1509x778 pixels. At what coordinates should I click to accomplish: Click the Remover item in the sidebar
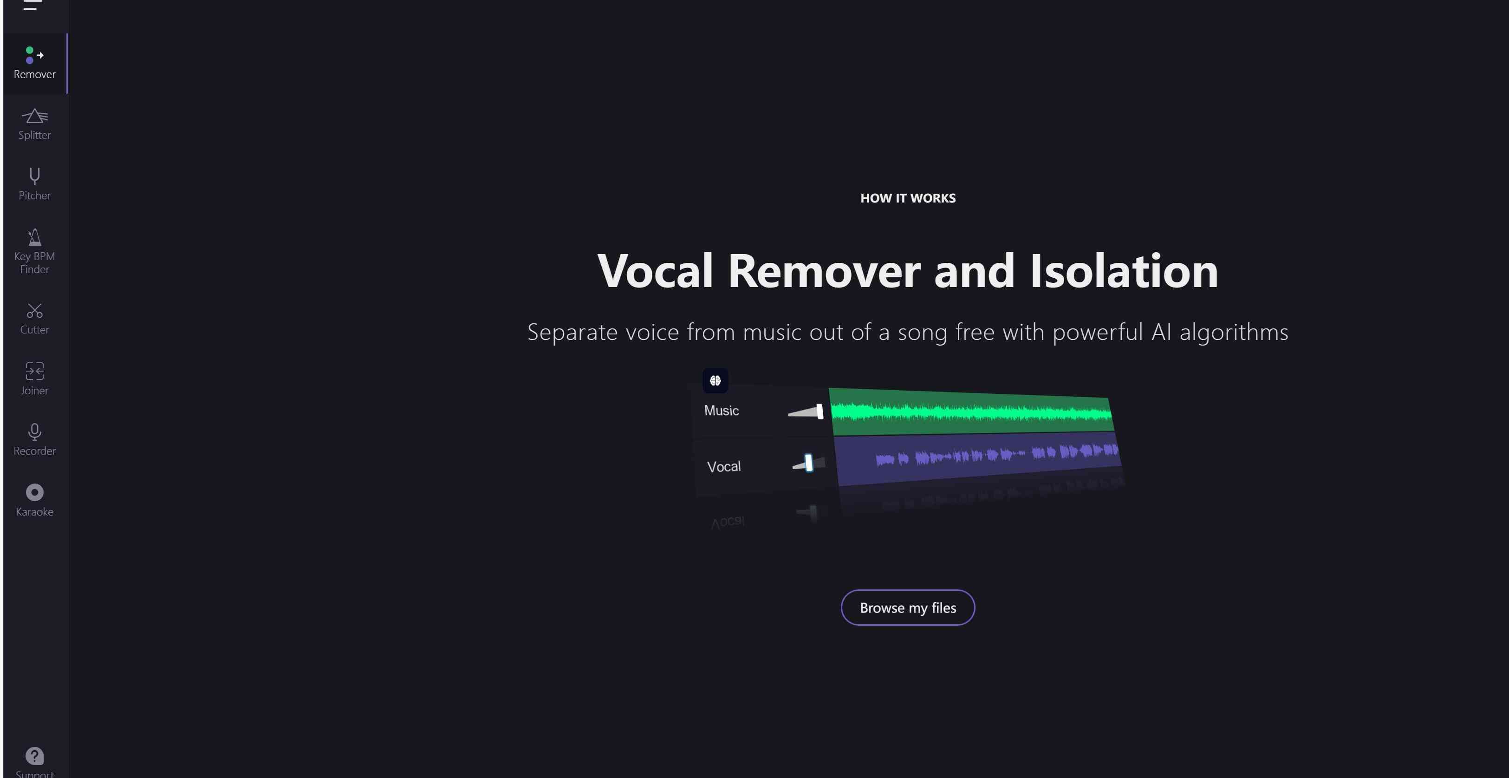pos(34,63)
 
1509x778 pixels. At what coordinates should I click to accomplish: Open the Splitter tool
pos(34,124)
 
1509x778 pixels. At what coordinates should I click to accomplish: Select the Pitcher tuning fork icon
pos(34,176)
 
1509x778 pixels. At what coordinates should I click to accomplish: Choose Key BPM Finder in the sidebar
pos(34,251)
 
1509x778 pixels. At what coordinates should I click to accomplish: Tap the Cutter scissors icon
pos(34,310)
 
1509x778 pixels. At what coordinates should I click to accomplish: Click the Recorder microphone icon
pos(34,432)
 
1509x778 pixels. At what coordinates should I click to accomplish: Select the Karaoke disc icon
pos(34,492)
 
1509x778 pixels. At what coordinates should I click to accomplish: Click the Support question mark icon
pos(34,756)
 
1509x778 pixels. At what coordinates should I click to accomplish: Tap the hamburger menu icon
pos(33,5)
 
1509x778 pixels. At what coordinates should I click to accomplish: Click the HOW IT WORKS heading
pos(908,198)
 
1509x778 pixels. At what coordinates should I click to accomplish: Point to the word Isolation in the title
pos(1124,271)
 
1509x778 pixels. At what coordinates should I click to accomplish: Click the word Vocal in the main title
pos(655,271)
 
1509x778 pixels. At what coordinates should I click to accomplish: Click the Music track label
pos(721,411)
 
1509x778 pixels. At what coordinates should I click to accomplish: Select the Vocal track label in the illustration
pos(723,466)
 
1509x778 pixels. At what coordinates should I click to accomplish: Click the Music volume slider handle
pos(820,411)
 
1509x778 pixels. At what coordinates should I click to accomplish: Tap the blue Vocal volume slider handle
pos(808,463)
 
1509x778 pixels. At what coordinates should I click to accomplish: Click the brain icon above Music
pos(715,381)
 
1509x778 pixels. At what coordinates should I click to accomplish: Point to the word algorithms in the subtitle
pos(1234,333)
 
